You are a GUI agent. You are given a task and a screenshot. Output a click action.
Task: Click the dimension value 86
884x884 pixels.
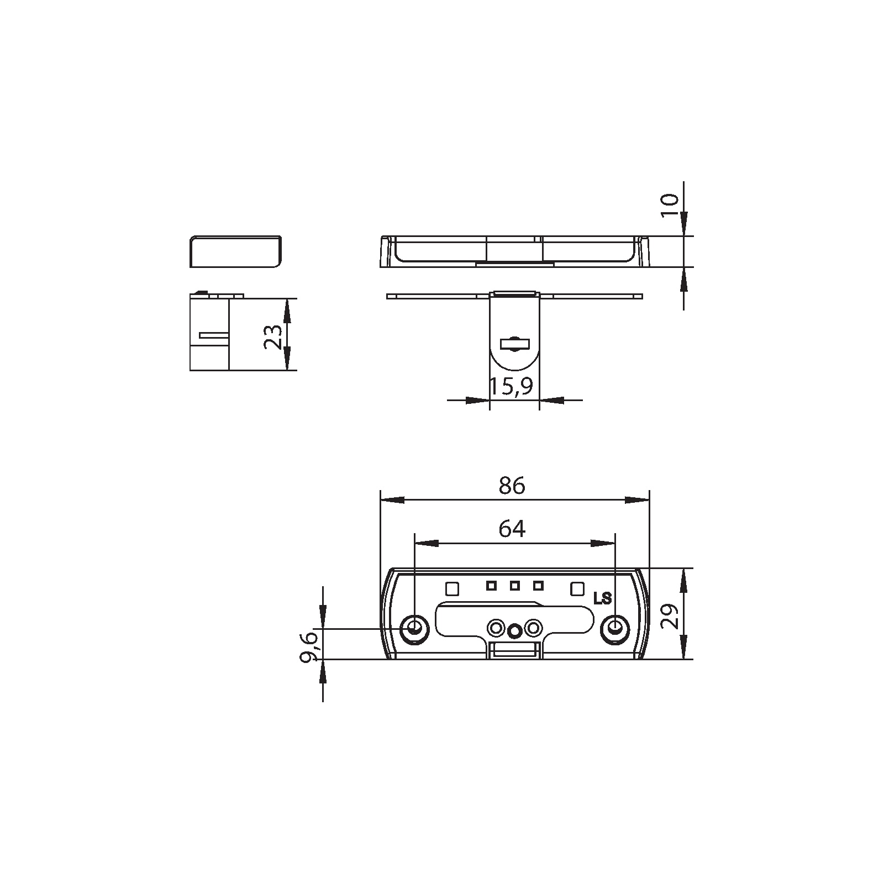tap(512, 486)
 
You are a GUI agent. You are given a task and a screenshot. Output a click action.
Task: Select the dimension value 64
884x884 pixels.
tap(512, 529)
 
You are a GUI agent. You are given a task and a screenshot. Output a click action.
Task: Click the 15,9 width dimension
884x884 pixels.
tap(512, 387)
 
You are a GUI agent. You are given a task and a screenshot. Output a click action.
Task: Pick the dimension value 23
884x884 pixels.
tap(273, 336)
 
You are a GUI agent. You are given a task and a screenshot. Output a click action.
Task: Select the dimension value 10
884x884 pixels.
tap(669, 206)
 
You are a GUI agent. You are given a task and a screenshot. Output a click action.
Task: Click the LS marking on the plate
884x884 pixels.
tap(602, 598)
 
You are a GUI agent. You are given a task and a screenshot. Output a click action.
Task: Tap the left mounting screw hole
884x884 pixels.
tap(414, 628)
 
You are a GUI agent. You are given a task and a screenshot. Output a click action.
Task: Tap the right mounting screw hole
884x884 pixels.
tap(614, 628)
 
